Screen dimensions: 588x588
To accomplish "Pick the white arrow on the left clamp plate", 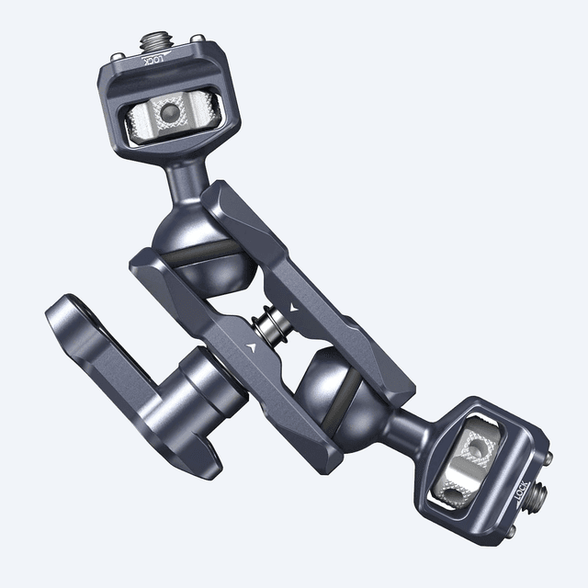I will point(250,347).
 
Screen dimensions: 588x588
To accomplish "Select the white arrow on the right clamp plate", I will point(292,304).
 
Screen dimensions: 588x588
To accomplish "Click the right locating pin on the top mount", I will point(198,40).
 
